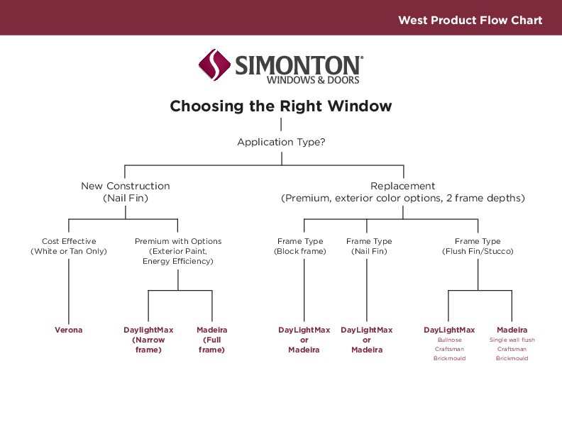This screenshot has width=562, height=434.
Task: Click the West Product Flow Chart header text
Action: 470,20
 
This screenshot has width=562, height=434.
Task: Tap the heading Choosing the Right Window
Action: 281,106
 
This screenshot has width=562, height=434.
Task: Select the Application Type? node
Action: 281,143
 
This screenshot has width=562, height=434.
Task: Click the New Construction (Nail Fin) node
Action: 126,192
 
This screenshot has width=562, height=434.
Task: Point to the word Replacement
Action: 402,186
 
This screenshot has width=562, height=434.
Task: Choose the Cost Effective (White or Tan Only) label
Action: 69,246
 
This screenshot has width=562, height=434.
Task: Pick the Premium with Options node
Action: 178,251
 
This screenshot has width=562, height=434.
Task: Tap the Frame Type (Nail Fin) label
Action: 368,246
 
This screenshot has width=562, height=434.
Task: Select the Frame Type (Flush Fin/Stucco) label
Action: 478,246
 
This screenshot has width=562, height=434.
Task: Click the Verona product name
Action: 69,330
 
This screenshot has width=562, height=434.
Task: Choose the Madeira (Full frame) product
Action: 212,340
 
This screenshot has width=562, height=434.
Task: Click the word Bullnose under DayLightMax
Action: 449,340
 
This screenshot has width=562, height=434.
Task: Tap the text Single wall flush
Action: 512,340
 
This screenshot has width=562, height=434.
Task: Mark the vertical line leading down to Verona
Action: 69,291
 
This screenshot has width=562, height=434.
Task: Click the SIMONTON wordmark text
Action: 298,65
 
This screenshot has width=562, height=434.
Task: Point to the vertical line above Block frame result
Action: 304,291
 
